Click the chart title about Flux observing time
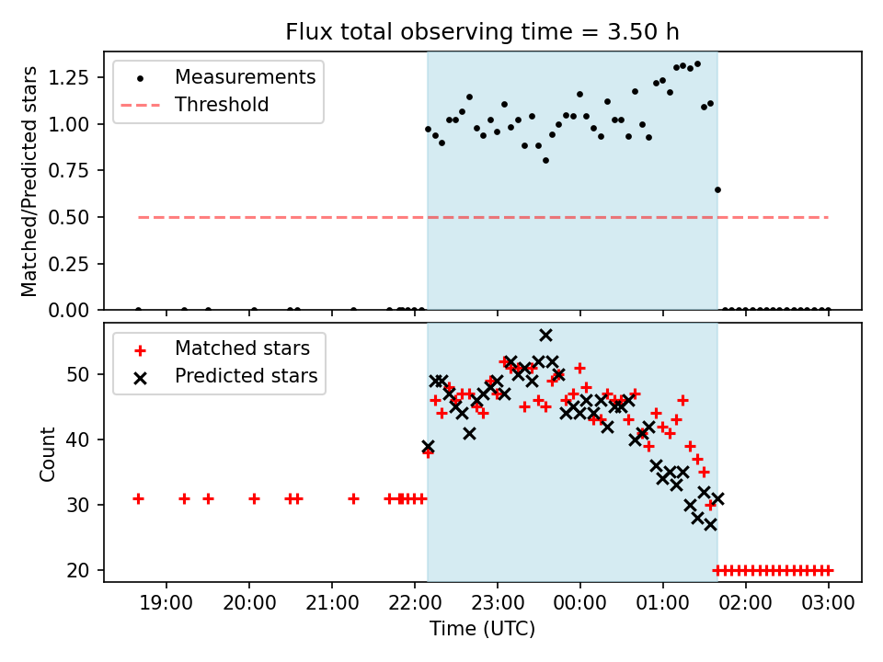[x=482, y=32]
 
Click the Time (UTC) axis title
[x=482, y=630]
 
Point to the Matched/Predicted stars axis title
[x=30, y=181]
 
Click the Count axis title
[x=48, y=453]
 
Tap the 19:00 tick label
[x=166, y=604]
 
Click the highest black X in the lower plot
[x=545, y=336]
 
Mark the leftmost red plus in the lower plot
[x=138, y=498]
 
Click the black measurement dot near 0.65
[x=717, y=189]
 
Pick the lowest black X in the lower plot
[x=710, y=524]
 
